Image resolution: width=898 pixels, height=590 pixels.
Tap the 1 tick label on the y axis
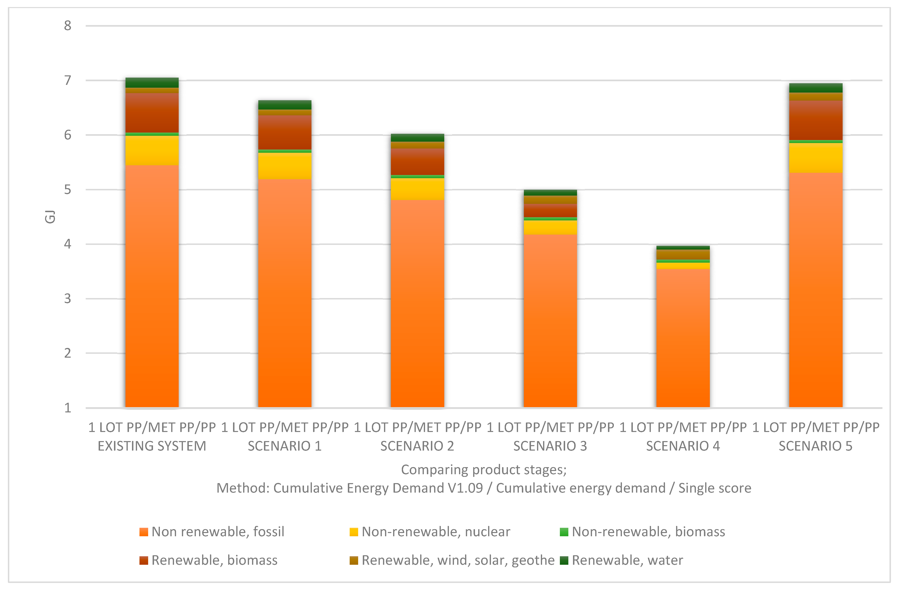[x=68, y=408]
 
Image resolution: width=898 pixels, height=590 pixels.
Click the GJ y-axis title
[x=50, y=217]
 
